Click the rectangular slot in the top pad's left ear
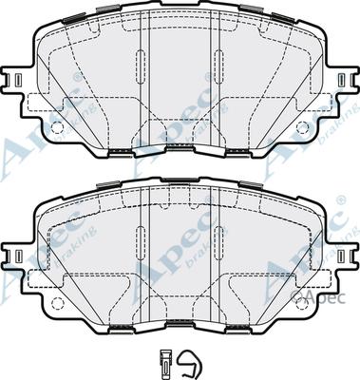coord(18,79)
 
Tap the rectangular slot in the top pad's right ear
coord(341,79)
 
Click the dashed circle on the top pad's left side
coord(57,127)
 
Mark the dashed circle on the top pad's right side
coord(302,127)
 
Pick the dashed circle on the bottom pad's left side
coord(57,303)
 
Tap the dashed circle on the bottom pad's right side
coord(302,303)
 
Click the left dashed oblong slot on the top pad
coord(141,66)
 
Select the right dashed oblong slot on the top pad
coord(218,66)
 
